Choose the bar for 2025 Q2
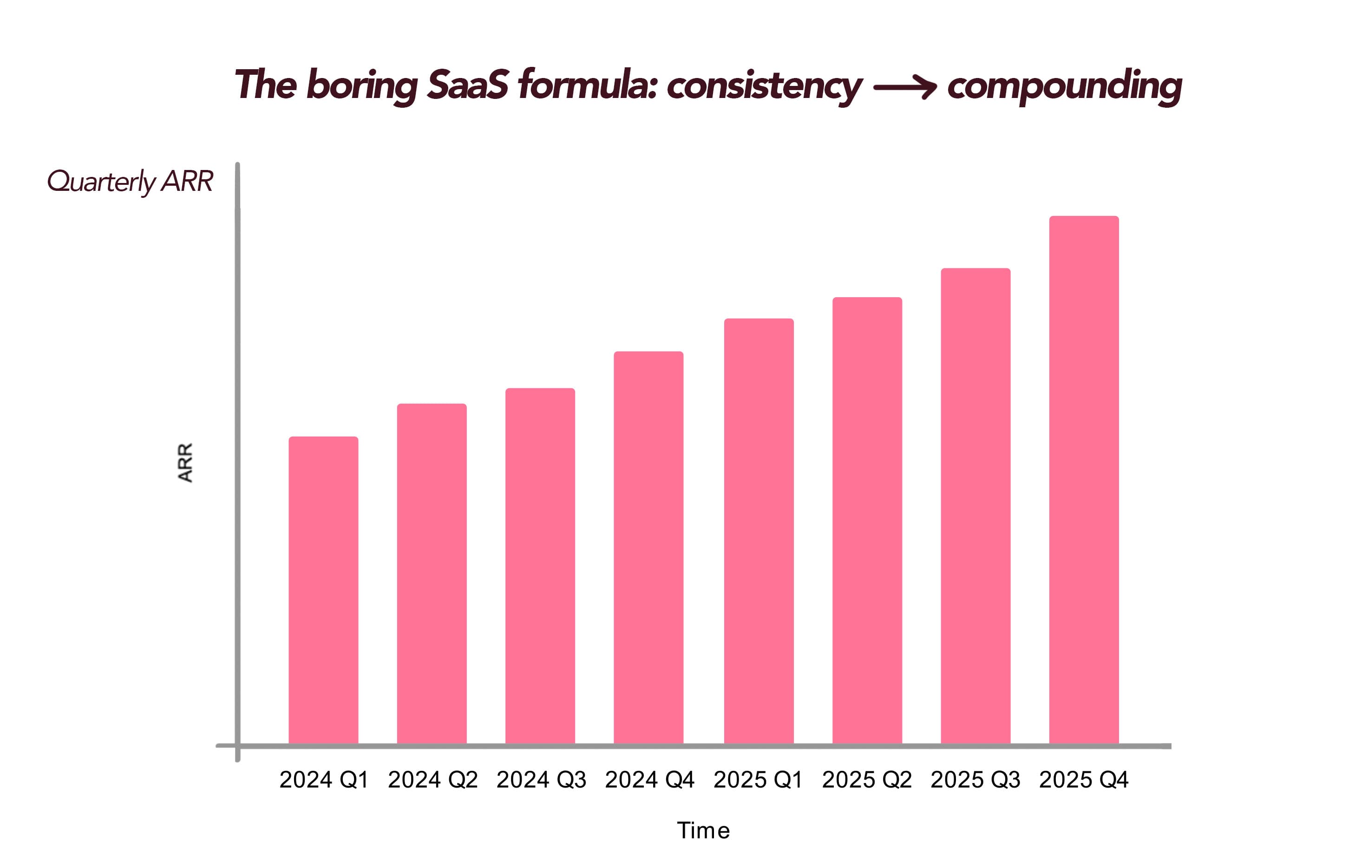(867, 520)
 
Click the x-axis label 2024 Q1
(324, 780)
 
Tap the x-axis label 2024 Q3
(541, 780)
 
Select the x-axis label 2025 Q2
(867, 780)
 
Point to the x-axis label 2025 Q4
(1084, 780)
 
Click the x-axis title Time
(703, 830)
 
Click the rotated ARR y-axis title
(185, 463)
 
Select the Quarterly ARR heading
(130, 181)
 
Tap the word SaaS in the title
(467, 85)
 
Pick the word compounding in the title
(1064, 86)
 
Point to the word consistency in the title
(764, 86)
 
